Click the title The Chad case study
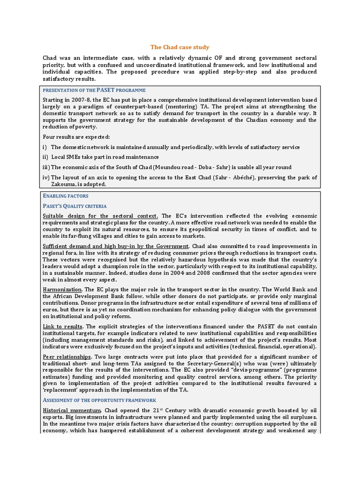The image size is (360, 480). tap(180, 47)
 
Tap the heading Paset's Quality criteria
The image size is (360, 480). tap(75, 206)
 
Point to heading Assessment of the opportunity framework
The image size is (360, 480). tap(99, 400)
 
